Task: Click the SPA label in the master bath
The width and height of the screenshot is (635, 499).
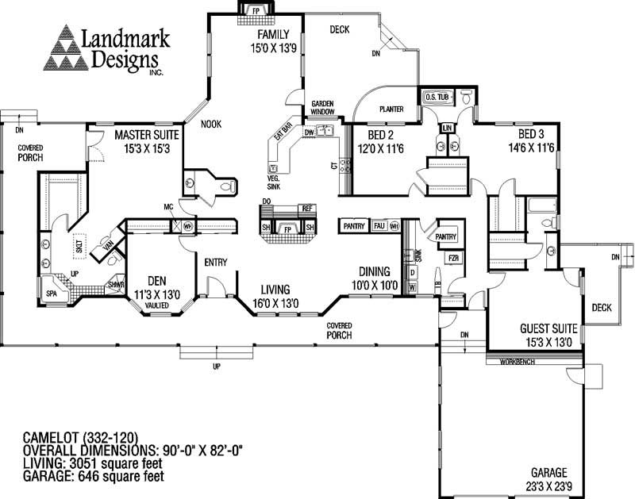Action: (x=52, y=292)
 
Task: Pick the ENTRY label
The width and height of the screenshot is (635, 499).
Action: (x=216, y=263)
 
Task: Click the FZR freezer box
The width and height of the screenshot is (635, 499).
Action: (x=454, y=259)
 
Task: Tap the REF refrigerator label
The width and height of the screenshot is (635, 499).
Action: (x=308, y=208)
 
